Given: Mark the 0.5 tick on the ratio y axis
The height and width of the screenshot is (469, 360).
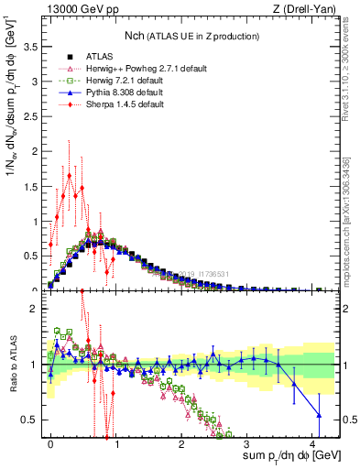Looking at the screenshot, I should click(29, 420).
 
